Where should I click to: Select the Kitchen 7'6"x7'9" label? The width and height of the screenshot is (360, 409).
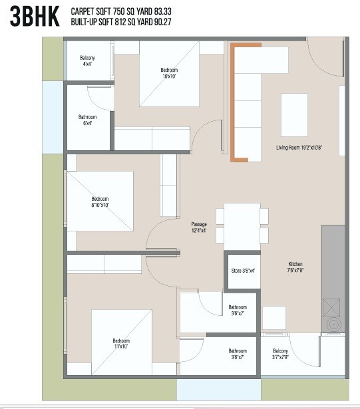(x=295, y=267)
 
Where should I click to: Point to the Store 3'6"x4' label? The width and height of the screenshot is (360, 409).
(x=243, y=271)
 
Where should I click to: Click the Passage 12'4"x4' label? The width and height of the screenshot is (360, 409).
(x=199, y=227)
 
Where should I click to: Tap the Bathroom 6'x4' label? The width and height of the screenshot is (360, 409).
(x=88, y=120)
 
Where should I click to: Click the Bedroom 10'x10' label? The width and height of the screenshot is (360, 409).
(x=169, y=74)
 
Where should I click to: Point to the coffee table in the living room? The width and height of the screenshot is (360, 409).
(x=294, y=114)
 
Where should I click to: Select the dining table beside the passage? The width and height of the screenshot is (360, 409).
(x=242, y=226)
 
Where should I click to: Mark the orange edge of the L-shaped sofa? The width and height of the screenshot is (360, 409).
(x=233, y=103)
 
